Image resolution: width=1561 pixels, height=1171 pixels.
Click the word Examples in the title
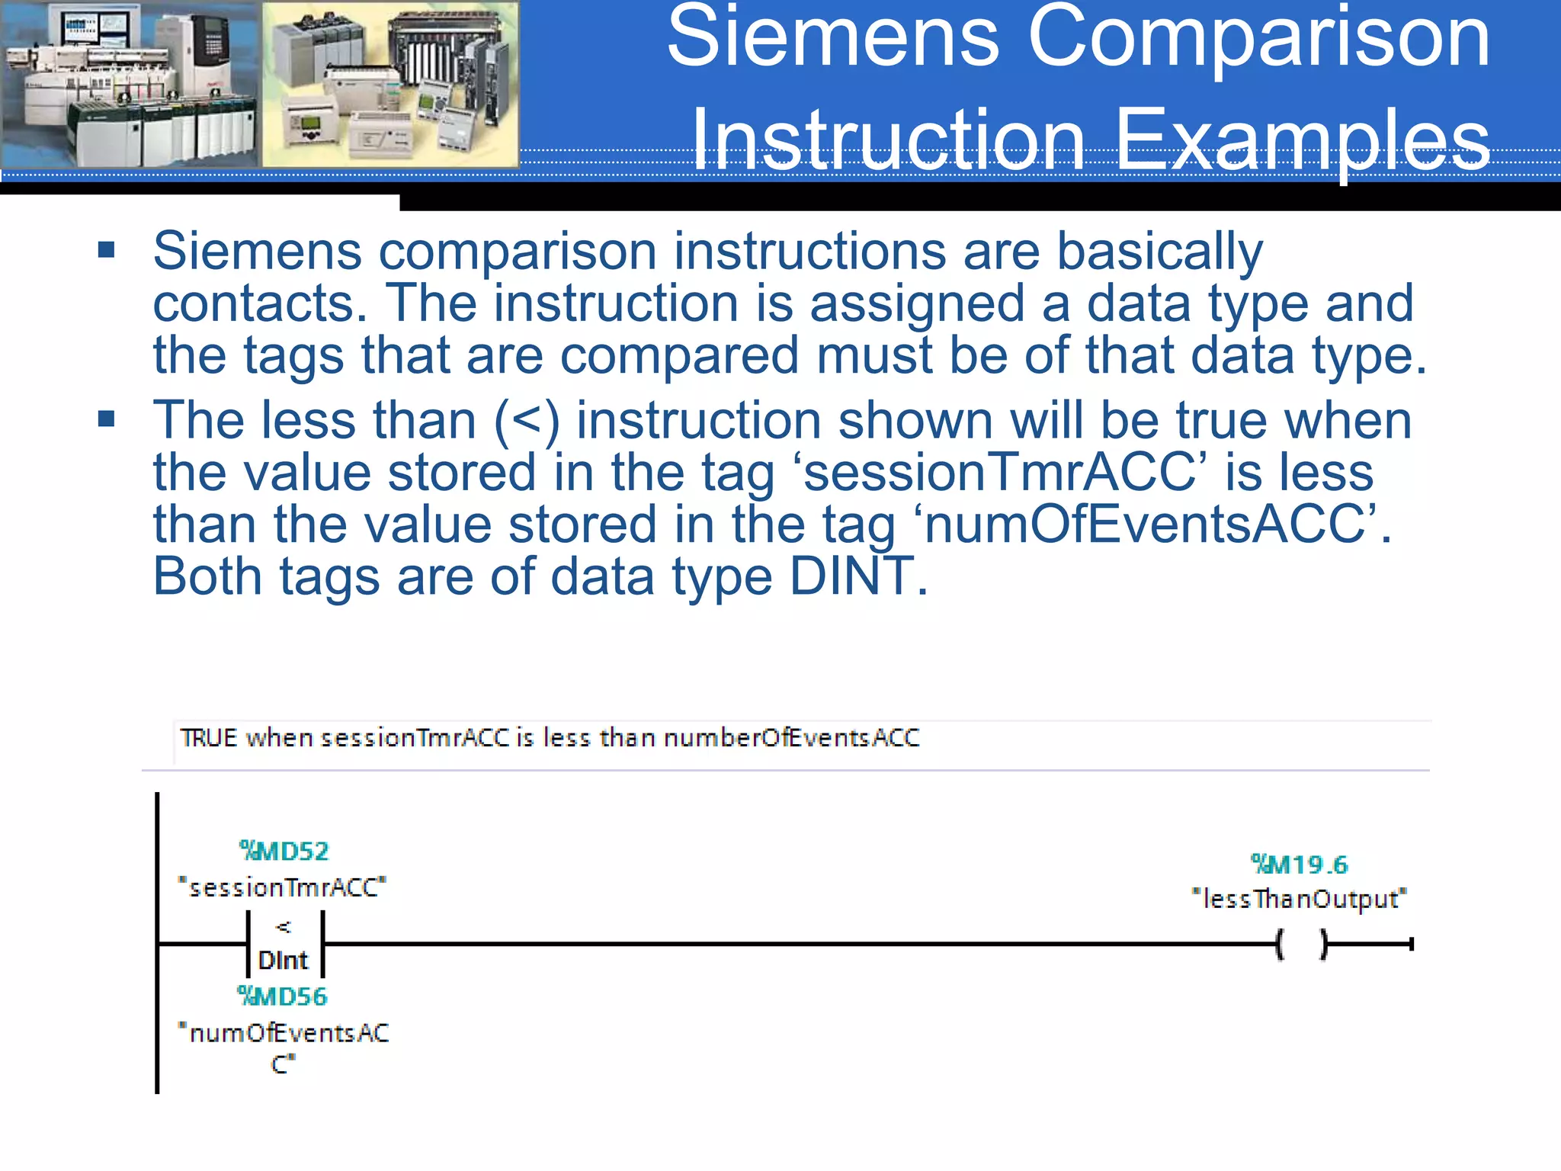(x=1302, y=140)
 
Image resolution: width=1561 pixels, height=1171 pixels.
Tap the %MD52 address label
(x=284, y=851)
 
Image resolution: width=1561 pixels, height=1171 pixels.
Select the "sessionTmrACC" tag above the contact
(x=282, y=887)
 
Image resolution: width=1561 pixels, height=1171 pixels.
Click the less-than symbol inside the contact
(x=284, y=927)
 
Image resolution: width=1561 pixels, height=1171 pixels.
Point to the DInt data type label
(x=283, y=961)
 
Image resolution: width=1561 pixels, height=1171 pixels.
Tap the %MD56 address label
(x=282, y=996)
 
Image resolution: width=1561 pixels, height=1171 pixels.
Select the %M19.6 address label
(x=1300, y=865)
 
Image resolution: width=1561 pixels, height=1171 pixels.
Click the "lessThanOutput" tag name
(x=1300, y=900)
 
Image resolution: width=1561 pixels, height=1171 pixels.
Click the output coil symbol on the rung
(x=1302, y=945)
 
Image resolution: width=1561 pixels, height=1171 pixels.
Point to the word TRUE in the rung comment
(x=209, y=738)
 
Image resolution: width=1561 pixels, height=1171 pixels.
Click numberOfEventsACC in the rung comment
(x=791, y=738)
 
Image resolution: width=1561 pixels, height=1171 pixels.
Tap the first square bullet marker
(x=107, y=250)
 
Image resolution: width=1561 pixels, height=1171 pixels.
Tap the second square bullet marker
(x=107, y=419)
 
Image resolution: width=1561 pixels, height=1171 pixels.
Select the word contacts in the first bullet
(x=255, y=303)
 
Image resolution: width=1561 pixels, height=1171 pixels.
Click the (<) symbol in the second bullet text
(x=527, y=421)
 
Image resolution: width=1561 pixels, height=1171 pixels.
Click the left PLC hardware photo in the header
(x=130, y=84)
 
